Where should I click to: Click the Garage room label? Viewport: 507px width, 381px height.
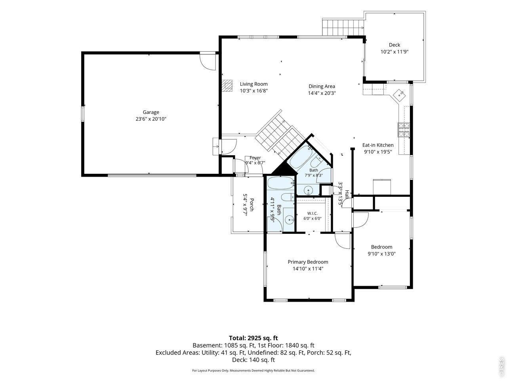pyautogui.click(x=151, y=112)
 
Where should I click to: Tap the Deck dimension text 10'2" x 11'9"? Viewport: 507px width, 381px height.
pyautogui.click(x=394, y=52)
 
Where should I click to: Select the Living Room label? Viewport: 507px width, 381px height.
pyautogui.click(x=253, y=84)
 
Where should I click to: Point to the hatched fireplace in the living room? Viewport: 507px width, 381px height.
pyautogui.click(x=227, y=86)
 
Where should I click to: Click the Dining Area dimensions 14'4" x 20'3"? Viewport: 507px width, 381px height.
pyautogui.click(x=322, y=93)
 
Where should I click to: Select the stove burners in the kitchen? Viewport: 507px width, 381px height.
pyautogui.click(x=404, y=130)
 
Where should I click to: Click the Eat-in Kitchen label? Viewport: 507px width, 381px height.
pyautogui.click(x=378, y=145)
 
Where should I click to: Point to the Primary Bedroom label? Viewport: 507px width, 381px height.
pyautogui.click(x=308, y=262)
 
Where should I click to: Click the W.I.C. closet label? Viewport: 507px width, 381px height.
pyautogui.click(x=312, y=213)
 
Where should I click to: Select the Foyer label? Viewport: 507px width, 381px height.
pyautogui.click(x=255, y=158)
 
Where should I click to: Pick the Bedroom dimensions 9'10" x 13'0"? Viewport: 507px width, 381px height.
pyautogui.click(x=381, y=254)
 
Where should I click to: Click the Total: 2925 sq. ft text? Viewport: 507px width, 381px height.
pyautogui.click(x=253, y=338)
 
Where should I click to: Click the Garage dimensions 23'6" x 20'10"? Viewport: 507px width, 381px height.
pyautogui.click(x=151, y=119)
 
